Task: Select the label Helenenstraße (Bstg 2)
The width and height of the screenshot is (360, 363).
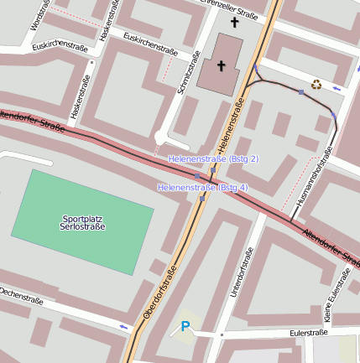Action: [213, 158]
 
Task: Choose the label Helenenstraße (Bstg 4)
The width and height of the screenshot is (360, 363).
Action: [202, 188]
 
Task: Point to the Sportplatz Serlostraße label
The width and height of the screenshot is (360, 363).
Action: [82, 223]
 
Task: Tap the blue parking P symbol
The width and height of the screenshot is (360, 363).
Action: [185, 327]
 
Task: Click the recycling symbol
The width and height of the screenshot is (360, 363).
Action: [316, 83]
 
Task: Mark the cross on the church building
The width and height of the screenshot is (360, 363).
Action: [222, 65]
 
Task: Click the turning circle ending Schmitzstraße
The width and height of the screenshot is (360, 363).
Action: [161, 137]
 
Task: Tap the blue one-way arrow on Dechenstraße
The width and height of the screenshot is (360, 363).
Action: [125, 325]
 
